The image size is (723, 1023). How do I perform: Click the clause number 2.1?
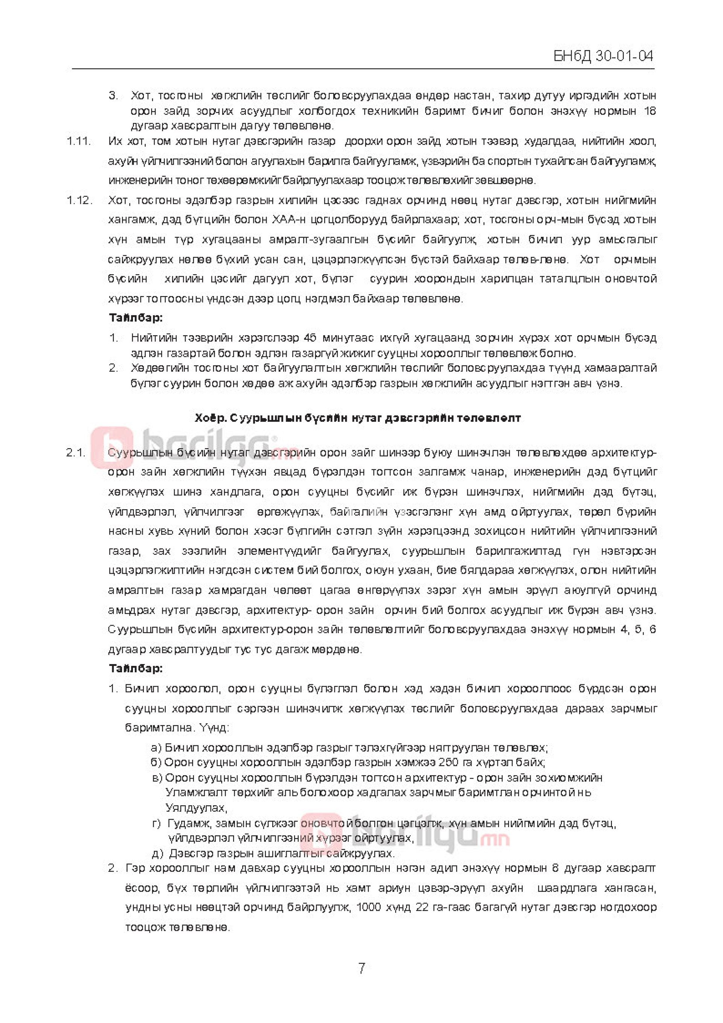click(75, 453)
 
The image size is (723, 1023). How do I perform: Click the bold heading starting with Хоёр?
click(357, 418)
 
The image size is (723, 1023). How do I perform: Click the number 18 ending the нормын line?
click(650, 111)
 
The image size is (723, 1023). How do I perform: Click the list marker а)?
click(156, 747)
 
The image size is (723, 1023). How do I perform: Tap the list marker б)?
click(156, 762)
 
